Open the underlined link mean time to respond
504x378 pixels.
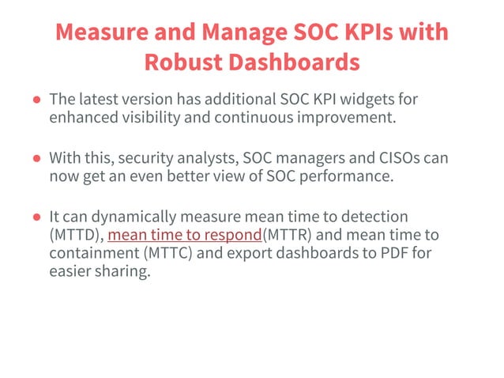click(x=185, y=235)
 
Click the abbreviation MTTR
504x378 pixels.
click(x=288, y=235)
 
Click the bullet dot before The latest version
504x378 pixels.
click(x=37, y=101)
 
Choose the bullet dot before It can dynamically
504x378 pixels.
click(x=37, y=217)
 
